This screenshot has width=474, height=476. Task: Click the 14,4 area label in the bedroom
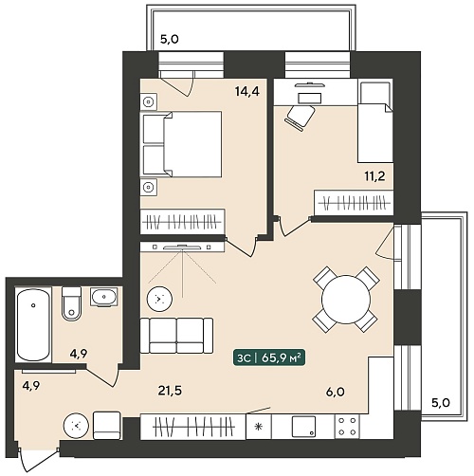pyautogui.click(x=247, y=92)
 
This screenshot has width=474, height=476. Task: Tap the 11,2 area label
pyautogui.click(x=374, y=176)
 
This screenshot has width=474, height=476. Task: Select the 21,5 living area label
pyautogui.click(x=170, y=392)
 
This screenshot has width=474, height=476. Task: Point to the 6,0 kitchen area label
pyautogui.click(x=335, y=393)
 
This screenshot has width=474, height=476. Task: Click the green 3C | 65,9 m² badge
pyautogui.click(x=269, y=358)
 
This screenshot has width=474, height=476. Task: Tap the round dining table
pyautogui.click(x=346, y=300)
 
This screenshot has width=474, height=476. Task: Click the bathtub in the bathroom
pyautogui.click(x=33, y=324)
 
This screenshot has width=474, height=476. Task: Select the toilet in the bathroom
pyautogui.click(x=72, y=303)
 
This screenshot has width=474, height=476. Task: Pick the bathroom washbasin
pyautogui.click(x=104, y=297)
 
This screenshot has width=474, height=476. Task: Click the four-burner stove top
pyautogui.click(x=347, y=427)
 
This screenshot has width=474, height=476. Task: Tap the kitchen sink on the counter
pyautogui.click(x=303, y=427)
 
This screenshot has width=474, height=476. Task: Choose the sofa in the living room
pyautogui.click(x=176, y=336)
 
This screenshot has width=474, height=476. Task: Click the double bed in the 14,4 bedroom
pyautogui.click(x=181, y=144)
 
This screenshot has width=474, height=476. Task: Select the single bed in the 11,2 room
pyautogui.click(x=375, y=122)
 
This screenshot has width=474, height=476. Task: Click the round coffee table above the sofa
pyautogui.click(x=159, y=299)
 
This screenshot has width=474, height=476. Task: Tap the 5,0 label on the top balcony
pyautogui.click(x=170, y=40)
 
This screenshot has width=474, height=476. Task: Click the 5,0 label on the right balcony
pyautogui.click(x=441, y=403)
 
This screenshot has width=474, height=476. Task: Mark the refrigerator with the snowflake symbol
pyautogui.click(x=259, y=427)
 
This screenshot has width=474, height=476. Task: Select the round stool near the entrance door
pyautogui.click(x=76, y=426)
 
